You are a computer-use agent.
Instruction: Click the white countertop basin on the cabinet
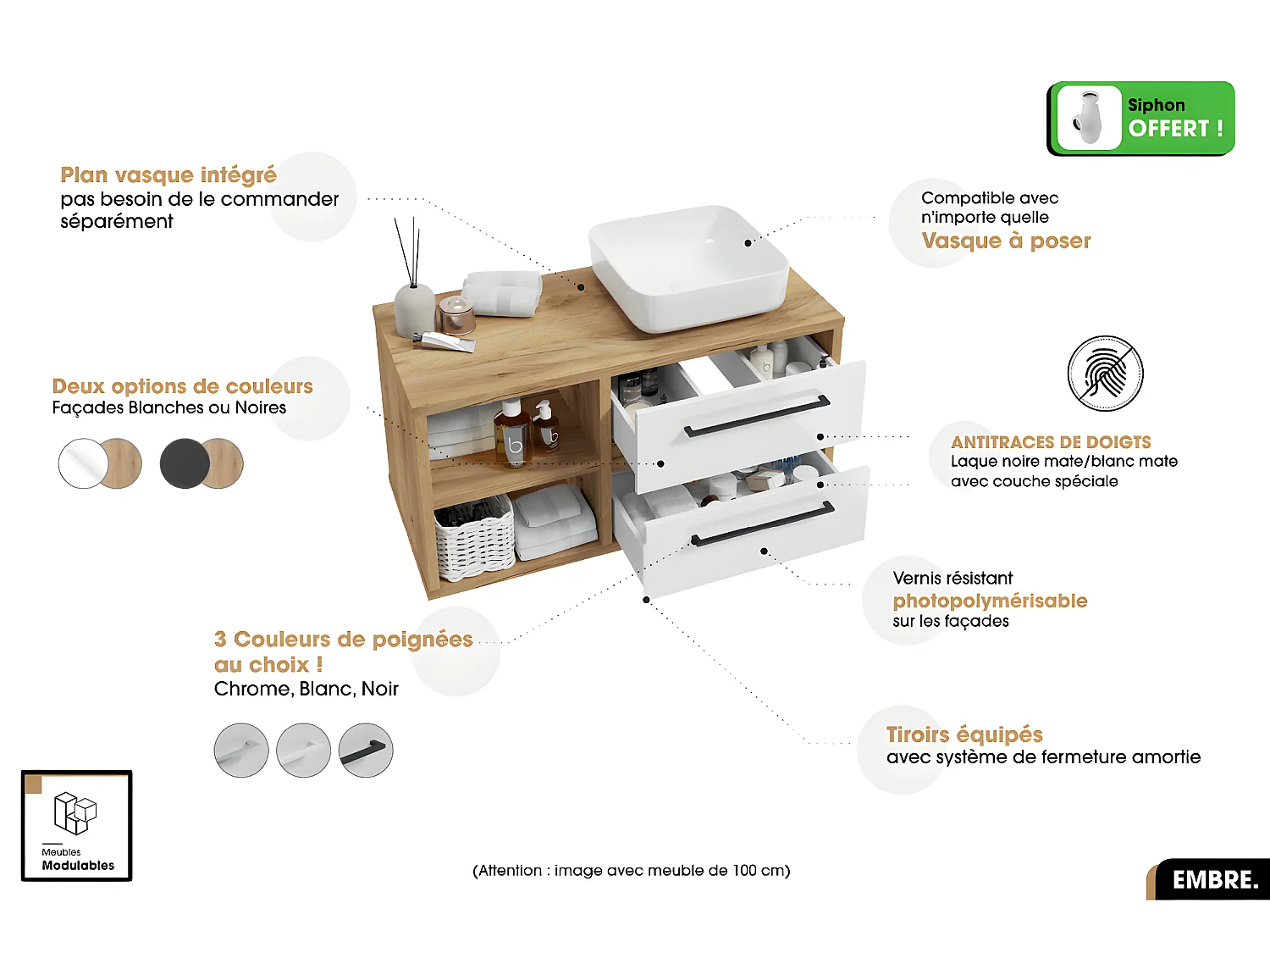690,267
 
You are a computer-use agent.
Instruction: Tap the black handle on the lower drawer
762,524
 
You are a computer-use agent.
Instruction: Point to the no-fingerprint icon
1105,374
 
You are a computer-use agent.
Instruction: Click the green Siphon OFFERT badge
1140,119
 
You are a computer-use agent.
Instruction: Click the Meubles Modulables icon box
77,826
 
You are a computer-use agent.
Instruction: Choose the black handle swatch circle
366,751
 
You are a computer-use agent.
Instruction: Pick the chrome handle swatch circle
241,751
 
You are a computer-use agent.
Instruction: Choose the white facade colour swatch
83,463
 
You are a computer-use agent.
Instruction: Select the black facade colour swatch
185,463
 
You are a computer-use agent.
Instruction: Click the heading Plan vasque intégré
168,175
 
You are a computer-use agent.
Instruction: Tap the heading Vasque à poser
1006,241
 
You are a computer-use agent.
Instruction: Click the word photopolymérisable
990,601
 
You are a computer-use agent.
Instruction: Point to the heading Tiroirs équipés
964,734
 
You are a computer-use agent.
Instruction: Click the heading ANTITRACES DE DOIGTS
1051,442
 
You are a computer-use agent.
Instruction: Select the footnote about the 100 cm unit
631,871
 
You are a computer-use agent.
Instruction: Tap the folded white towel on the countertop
503,292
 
